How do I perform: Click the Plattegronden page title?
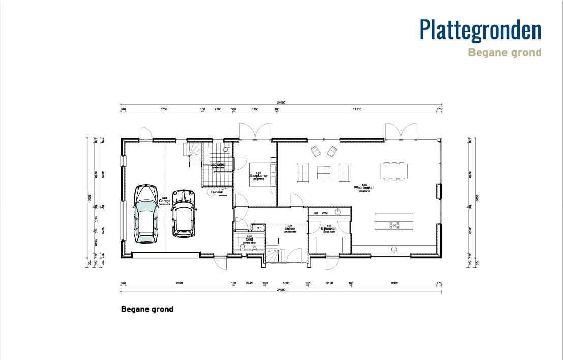(x=480, y=29)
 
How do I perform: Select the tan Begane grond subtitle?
(x=505, y=52)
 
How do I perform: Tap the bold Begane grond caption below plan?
(x=147, y=309)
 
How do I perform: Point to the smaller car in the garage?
(x=184, y=214)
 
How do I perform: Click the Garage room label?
(x=164, y=201)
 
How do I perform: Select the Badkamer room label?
(x=218, y=164)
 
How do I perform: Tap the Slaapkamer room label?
(x=258, y=176)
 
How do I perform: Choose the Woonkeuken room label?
(x=364, y=188)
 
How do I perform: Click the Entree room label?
(x=290, y=228)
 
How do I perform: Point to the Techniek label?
(x=217, y=192)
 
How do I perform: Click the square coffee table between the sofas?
(x=324, y=173)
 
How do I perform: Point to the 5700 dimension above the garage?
(x=164, y=109)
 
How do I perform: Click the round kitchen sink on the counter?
(x=394, y=249)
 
